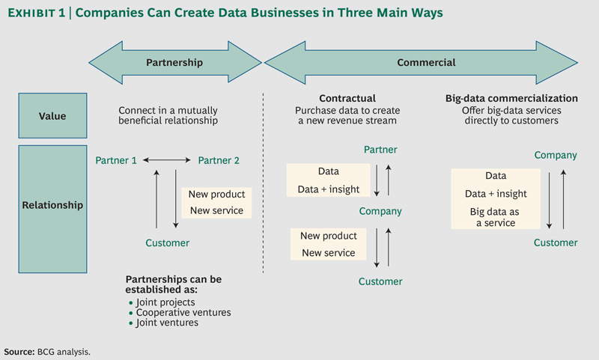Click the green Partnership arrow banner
point(174,64)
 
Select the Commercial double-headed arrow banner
point(425,64)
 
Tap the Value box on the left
point(53,116)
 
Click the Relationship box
point(53,204)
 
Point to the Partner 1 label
point(116,160)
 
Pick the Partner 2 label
point(219,160)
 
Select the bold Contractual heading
point(347,98)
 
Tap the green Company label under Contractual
point(380,211)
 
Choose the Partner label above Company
point(380,150)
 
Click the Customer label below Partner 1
point(167,242)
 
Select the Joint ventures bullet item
point(171,323)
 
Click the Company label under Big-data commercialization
point(555,156)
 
